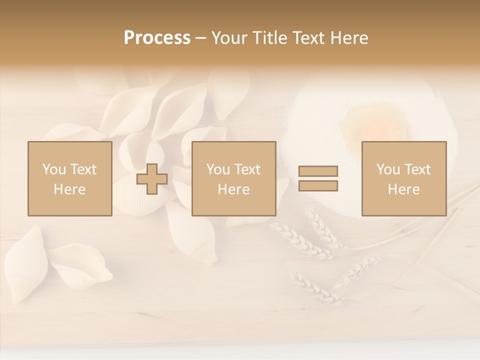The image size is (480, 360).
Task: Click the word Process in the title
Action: click(157, 38)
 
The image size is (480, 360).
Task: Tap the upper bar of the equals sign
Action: click(318, 171)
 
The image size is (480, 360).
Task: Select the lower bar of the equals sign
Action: click(318, 186)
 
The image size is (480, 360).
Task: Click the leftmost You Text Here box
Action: click(69, 178)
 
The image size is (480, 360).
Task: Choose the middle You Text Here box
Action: click(233, 178)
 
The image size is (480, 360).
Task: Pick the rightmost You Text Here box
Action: click(403, 178)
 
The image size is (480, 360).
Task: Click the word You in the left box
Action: click(53, 169)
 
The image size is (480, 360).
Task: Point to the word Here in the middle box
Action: click(233, 189)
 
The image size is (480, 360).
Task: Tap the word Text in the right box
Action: click(417, 169)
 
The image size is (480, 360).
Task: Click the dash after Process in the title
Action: click(200, 38)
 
